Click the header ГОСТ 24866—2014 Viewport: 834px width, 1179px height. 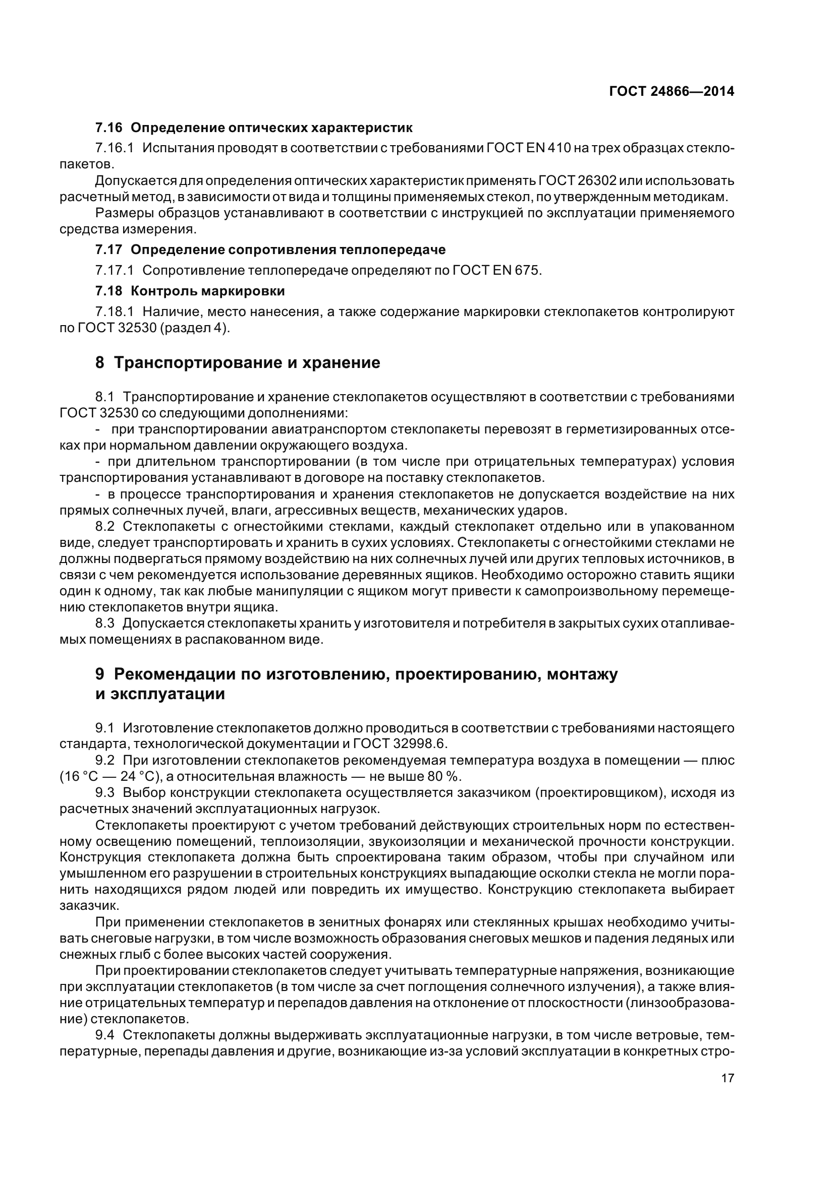tap(671, 91)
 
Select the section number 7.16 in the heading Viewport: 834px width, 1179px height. tap(108, 128)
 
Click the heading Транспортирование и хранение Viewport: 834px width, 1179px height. tap(247, 362)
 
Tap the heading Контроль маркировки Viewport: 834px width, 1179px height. tap(207, 291)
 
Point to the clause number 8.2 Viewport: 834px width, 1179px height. tap(105, 526)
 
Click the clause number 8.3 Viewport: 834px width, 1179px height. tap(105, 624)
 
